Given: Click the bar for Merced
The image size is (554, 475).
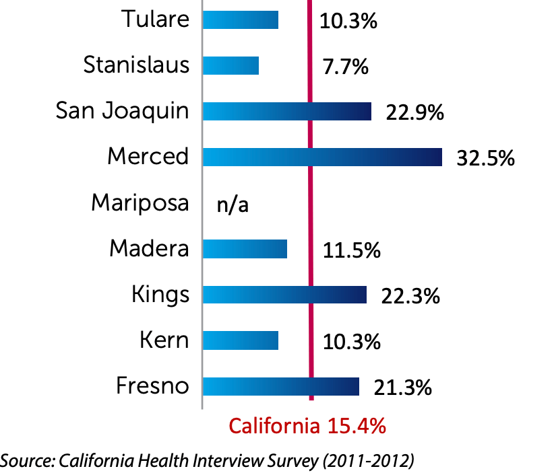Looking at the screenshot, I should click(322, 157).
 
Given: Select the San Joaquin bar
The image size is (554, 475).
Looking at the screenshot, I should click(286, 112).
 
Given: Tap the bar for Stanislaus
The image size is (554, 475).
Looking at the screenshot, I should click(230, 65).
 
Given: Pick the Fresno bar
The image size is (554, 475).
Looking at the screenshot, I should click(280, 386).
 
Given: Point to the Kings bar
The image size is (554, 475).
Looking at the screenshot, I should click(284, 295).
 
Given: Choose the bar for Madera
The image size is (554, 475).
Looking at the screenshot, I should click(245, 249).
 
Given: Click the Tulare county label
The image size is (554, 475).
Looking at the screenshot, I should click(155, 19).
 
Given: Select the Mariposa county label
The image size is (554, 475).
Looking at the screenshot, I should click(140, 203).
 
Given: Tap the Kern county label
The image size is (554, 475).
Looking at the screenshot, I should click(164, 340).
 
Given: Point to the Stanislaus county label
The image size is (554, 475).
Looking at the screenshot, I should click(136, 65).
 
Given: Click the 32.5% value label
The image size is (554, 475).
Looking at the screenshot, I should click(485, 158).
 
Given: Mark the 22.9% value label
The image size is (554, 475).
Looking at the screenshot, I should click(414, 112).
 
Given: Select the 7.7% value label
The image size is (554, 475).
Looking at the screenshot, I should click(345, 67).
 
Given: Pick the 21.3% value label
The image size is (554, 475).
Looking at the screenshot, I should click(402, 388).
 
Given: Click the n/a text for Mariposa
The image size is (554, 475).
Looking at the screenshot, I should click(233, 204).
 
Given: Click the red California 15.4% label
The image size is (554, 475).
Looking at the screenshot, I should click(307, 426).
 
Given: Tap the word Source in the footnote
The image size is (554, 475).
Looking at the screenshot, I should click(28, 460).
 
